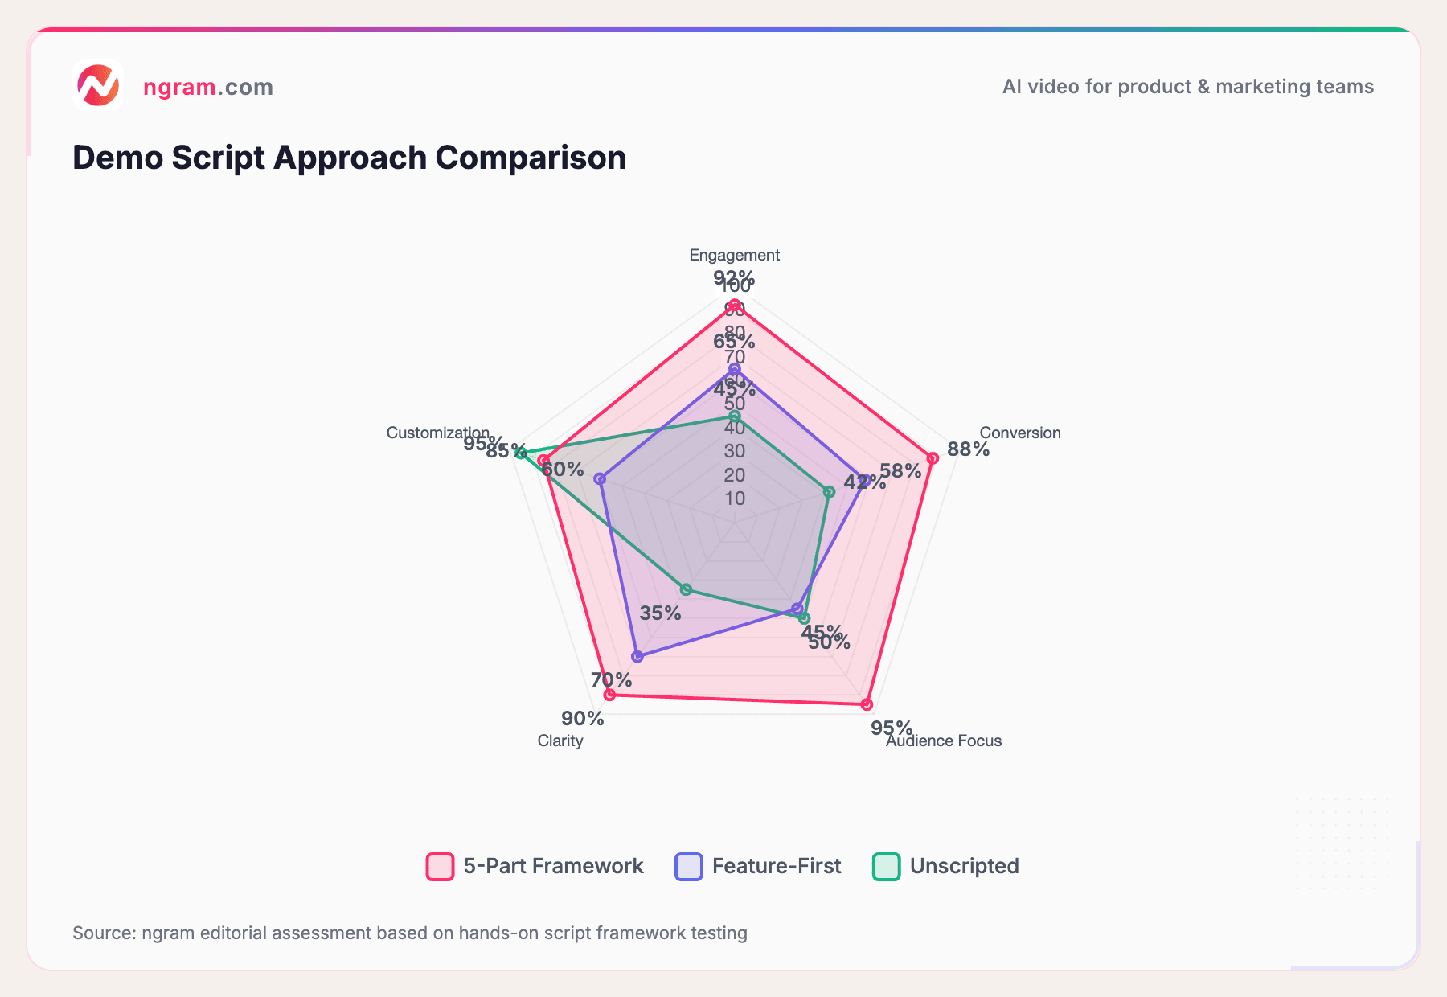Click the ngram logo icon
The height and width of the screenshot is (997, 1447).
click(x=98, y=85)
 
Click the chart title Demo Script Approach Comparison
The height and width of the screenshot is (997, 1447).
click(x=349, y=158)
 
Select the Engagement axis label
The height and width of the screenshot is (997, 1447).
click(x=734, y=255)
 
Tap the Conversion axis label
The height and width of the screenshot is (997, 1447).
click(x=1019, y=433)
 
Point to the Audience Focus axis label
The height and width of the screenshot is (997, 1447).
click(x=944, y=741)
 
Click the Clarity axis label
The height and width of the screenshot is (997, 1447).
click(x=560, y=741)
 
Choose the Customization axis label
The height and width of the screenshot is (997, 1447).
click(x=437, y=433)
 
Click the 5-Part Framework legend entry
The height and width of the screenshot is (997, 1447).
click(x=535, y=866)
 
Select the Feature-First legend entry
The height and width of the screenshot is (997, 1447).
click(x=759, y=866)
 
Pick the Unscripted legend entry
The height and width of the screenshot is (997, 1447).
click(x=946, y=866)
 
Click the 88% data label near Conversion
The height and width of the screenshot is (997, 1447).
click(x=968, y=449)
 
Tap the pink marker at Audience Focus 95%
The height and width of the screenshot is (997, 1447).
click(x=866, y=704)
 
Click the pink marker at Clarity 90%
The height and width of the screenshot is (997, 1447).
click(x=609, y=695)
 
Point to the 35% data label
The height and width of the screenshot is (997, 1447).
click(x=660, y=613)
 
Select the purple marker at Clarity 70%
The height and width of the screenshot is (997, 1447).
click(x=637, y=657)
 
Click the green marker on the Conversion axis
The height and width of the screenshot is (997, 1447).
click(x=829, y=491)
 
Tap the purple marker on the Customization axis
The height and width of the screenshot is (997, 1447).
click(x=599, y=479)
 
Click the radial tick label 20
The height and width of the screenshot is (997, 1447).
click(x=734, y=475)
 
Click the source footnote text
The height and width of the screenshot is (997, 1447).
click(x=410, y=933)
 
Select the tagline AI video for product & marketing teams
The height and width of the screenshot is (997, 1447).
click(x=1187, y=87)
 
